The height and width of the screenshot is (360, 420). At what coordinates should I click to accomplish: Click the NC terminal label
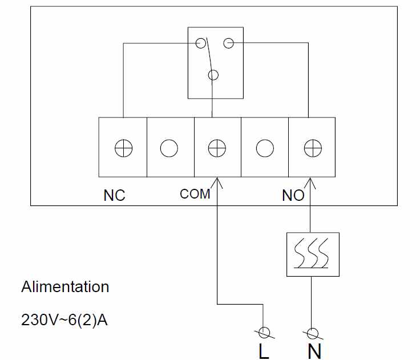pyautogui.click(x=114, y=196)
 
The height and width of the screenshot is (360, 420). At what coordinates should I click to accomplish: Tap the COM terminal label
pyautogui.click(x=195, y=194)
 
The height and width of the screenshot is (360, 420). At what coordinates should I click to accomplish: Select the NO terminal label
pyautogui.click(x=293, y=196)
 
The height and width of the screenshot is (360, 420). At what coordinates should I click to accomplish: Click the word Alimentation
pyautogui.click(x=65, y=286)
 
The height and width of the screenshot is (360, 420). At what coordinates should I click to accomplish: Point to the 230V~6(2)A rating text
pyautogui.click(x=64, y=319)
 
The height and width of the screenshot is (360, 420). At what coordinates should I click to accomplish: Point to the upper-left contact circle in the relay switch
pyautogui.click(x=200, y=43)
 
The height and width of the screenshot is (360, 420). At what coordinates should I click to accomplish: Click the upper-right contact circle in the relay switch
pyautogui.click(x=229, y=42)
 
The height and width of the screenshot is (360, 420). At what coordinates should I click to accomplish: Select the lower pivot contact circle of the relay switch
pyautogui.click(x=214, y=74)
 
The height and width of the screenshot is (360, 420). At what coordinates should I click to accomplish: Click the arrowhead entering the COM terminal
pyautogui.click(x=217, y=182)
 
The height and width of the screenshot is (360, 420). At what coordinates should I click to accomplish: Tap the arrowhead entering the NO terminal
pyautogui.click(x=311, y=182)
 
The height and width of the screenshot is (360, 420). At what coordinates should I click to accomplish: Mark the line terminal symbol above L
pyautogui.click(x=264, y=333)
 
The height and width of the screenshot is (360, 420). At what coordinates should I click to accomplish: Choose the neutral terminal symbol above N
pyautogui.click(x=313, y=333)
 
